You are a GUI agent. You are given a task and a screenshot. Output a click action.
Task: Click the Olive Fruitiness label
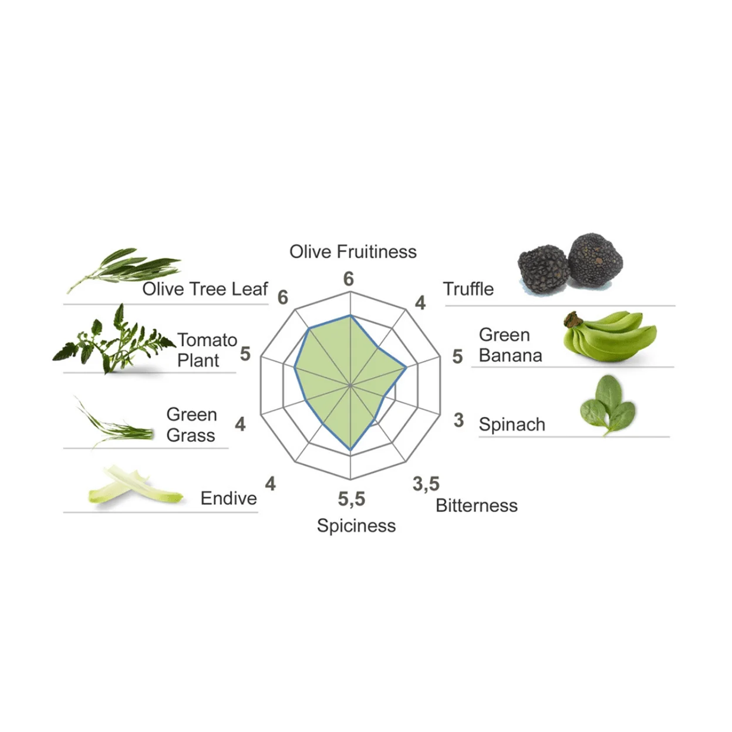pyautogui.click(x=353, y=252)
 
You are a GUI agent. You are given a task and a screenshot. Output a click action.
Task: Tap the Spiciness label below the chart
pyautogui.click(x=356, y=525)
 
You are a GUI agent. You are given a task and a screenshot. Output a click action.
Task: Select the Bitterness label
pyautogui.click(x=477, y=505)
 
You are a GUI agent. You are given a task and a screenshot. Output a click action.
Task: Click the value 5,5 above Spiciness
pyautogui.click(x=351, y=499)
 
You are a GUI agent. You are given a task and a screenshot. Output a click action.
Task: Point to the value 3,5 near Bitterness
pyautogui.click(x=426, y=484)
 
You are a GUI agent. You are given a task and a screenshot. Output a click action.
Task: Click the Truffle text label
pyautogui.click(x=468, y=289)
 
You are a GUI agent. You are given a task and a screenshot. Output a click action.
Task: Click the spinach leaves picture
pyautogui.click(x=607, y=405)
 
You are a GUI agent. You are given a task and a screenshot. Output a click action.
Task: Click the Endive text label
pyautogui.click(x=228, y=498)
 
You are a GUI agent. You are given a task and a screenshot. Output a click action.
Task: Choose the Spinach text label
pyautogui.click(x=512, y=424)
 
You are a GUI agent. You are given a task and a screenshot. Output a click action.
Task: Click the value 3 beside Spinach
pyautogui.click(x=458, y=420)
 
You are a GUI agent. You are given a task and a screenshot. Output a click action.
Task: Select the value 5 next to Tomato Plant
pyautogui.click(x=245, y=353)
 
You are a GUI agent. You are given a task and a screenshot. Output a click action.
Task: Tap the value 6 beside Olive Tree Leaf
pyautogui.click(x=283, y=298)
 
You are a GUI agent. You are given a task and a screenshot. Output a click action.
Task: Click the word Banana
pyautogui.click(x=510, y=356)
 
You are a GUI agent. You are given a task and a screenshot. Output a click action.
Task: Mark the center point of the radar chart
pyautogui.click(x=350, y=386)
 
